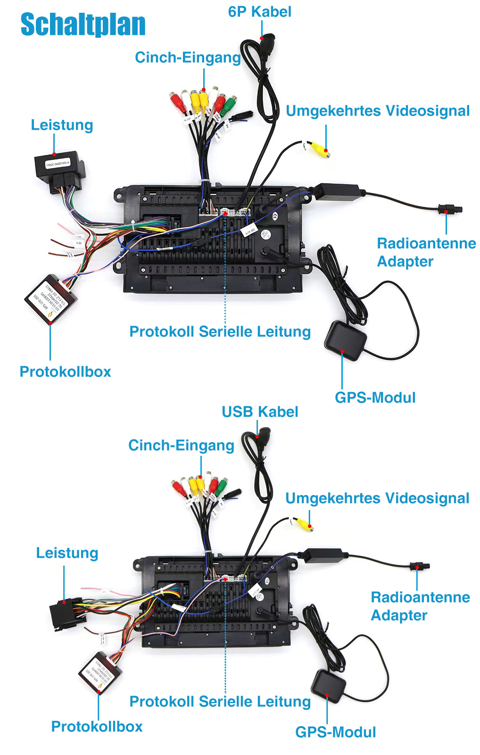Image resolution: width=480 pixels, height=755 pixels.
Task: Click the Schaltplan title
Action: pyautogui.click(x=83, y=25)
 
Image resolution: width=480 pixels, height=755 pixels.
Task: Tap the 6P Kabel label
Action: pyautogui.click(x=259, y=12)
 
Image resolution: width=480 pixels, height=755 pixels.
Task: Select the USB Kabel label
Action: pyautogui.click(x=260, y=412)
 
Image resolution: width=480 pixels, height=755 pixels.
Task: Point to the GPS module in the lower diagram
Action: pyautogui.click(x=329, y=685)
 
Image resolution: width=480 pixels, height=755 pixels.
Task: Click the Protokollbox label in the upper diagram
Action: pyautogui.click(x=65, y=372)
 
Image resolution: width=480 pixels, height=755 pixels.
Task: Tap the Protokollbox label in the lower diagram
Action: pyautogui.click(x=97, y=727)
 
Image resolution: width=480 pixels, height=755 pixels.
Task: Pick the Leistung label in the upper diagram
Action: pyautogui.click(x=62, y=125)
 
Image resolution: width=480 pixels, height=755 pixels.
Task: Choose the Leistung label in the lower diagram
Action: pyautogui.click(x=67, y=553)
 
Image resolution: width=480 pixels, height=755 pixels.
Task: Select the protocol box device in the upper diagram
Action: pyautogui.click(x=50, y=300)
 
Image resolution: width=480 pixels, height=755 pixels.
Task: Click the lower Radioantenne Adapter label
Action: pyautogui.click(x=420, y=606)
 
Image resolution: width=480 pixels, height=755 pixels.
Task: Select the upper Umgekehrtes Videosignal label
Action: pyautogui.click(x=378, y=111)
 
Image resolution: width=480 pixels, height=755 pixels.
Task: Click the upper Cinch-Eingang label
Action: pyautogui.click(x=188, y=58)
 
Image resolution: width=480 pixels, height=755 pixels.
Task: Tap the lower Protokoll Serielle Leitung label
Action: pyautogui.click(x=220, y=702)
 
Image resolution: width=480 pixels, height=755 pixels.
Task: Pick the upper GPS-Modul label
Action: pyautogui.click(x=375, y=398)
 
